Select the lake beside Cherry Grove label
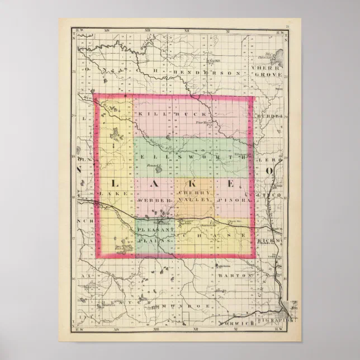point(278,55)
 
